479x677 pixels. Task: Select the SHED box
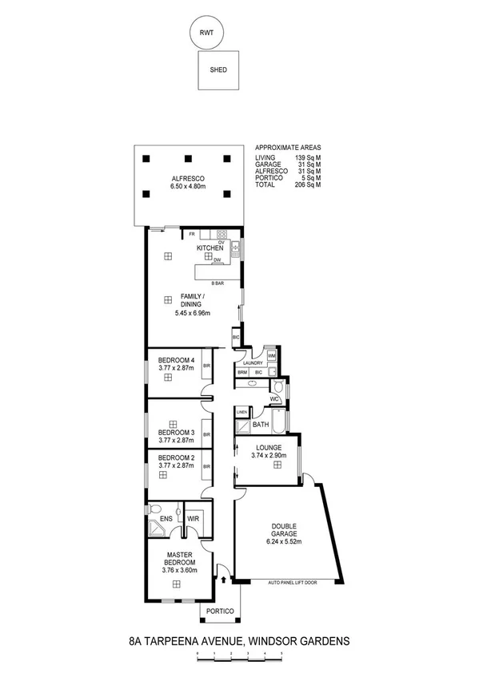[218, 69]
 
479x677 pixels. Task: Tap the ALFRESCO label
[188, 179]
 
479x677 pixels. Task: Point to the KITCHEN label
[210, 249]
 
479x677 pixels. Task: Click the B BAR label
[217, 283]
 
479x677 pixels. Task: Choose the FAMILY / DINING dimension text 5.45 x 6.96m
[192, 313]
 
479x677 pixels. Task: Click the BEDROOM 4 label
[176, 360]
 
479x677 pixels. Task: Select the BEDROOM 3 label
[176, 433]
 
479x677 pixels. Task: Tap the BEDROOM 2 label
[176, 457]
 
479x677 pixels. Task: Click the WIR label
[193, 519]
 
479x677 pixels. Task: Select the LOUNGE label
[268, 448]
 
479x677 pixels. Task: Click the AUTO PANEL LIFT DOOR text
[293, 583]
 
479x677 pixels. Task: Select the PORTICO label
[219, 611]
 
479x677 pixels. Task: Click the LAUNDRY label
[253, 363]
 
